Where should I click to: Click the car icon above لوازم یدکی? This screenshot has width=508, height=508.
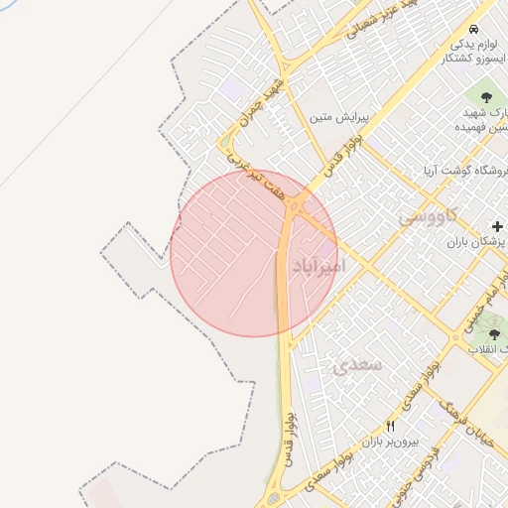(x=476, y=29)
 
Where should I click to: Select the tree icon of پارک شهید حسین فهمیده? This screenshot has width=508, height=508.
(x=486, y=97)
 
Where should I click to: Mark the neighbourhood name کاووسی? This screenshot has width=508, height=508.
(x=428, y=215)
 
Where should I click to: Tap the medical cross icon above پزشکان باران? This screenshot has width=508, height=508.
(x=497, y=227)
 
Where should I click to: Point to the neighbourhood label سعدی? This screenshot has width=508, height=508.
(x=357, y=365)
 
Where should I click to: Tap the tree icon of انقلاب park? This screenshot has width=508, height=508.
(x=494, y=334)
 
